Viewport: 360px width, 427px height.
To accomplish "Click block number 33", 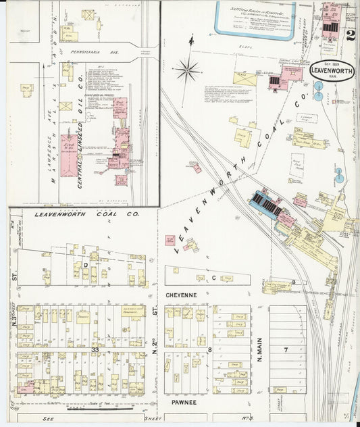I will (95, 349).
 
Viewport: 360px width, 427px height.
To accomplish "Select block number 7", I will (286, 349).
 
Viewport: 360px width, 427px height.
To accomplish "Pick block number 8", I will (210, 349).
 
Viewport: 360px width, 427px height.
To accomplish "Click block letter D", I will (86, 266).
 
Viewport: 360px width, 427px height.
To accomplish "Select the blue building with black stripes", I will (267, 204).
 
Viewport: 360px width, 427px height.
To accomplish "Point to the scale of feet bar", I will (108, 407).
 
